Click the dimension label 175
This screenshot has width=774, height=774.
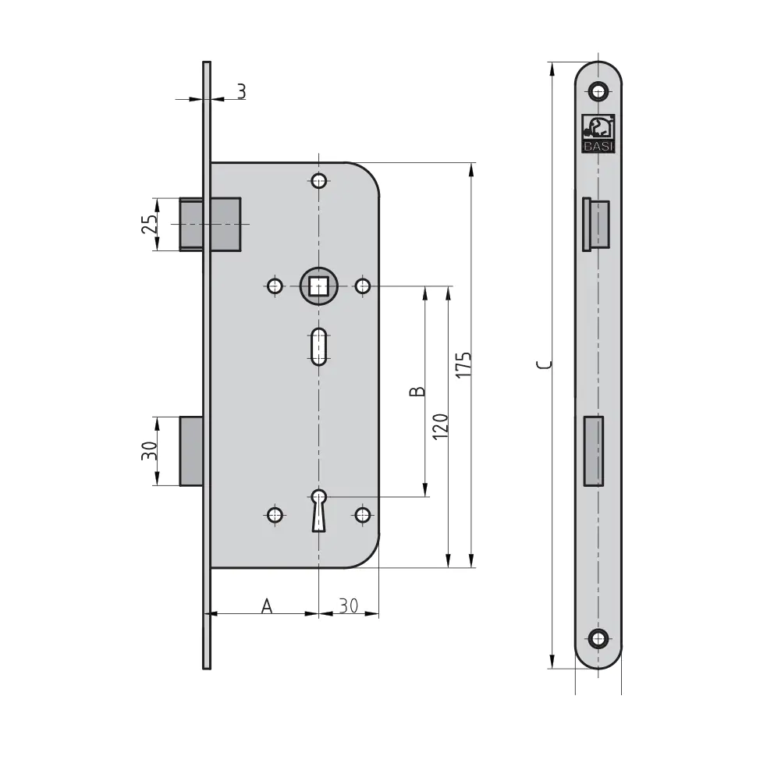pyautogui.click(x=463, y=365)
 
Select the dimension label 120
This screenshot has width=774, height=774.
pyautogui.click(x=440, y=427)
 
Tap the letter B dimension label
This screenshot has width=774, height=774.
pyautogui.click(x=417, y=392)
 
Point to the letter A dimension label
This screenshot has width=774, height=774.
pyautogui.click(x=267, y=605)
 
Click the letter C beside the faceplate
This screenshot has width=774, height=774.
pyautogui.click(x=545, y=365)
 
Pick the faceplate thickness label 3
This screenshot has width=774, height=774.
pyautogui.click(x=241, y=92)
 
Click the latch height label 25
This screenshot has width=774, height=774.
pyautogui.click(x=150, y=224)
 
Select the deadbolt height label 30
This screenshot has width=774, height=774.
pyautogui.click(x=150, y=451)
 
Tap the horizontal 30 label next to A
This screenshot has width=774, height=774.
pyautogui.click(x=349, y=605)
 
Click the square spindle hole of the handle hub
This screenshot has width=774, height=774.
pyautogui.click(x=319, y=286)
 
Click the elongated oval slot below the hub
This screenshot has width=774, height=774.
pyautogui.click(x=319, y=346)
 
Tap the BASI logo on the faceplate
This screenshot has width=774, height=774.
pyautogui.click(x=598, y=133)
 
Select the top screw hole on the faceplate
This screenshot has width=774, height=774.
pyautogui.click(x=598, y=91)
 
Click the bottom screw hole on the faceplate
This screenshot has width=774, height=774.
pyautogui.click(x=598, y=639)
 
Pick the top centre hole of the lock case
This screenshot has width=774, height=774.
pyautogui.click(x=319, y=181)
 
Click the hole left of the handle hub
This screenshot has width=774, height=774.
pyautogui.click(x=275, y=286)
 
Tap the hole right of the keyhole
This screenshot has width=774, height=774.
pyautogui.click(x=363, y=515)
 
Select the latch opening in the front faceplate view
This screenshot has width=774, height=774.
pyautogui.click(x=596, y=225)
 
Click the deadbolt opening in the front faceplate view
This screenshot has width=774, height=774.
pyautogui.click(x=593, y=451)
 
